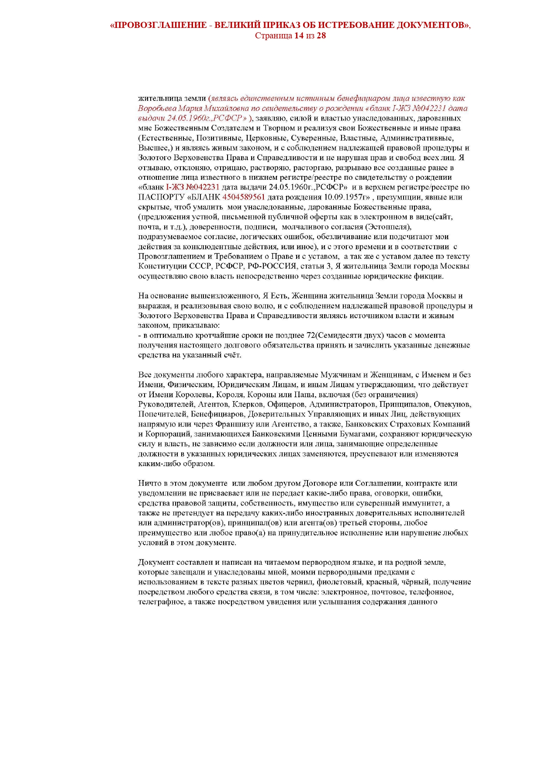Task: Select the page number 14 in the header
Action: (x=299, y=35)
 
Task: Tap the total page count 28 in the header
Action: (x=321, y=35)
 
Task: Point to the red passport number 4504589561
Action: (x=244, y=197)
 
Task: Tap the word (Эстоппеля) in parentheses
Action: (x=388, y=227)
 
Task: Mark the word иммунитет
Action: (x=427, y=503)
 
